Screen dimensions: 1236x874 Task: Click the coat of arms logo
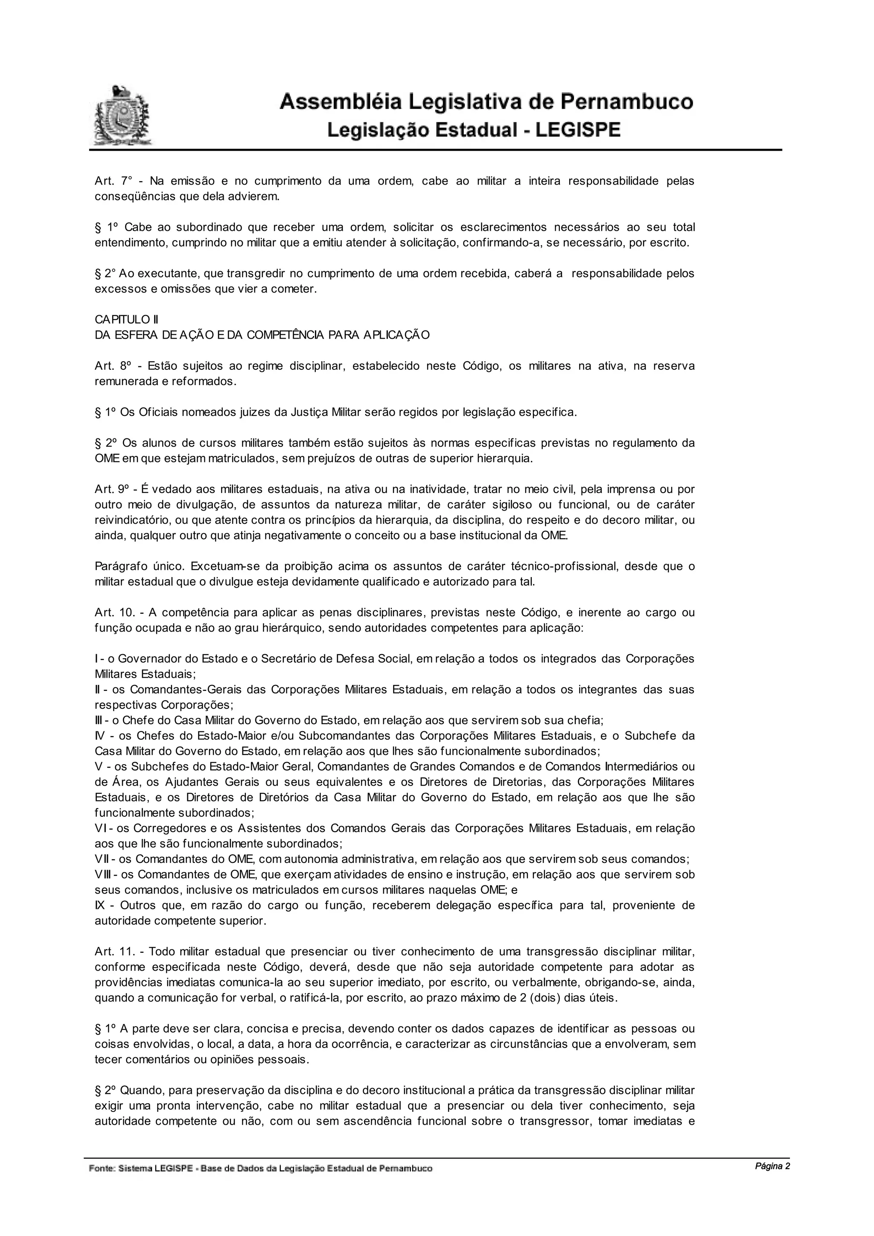(122, 115)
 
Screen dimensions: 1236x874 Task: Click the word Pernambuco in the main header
(627, 102)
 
